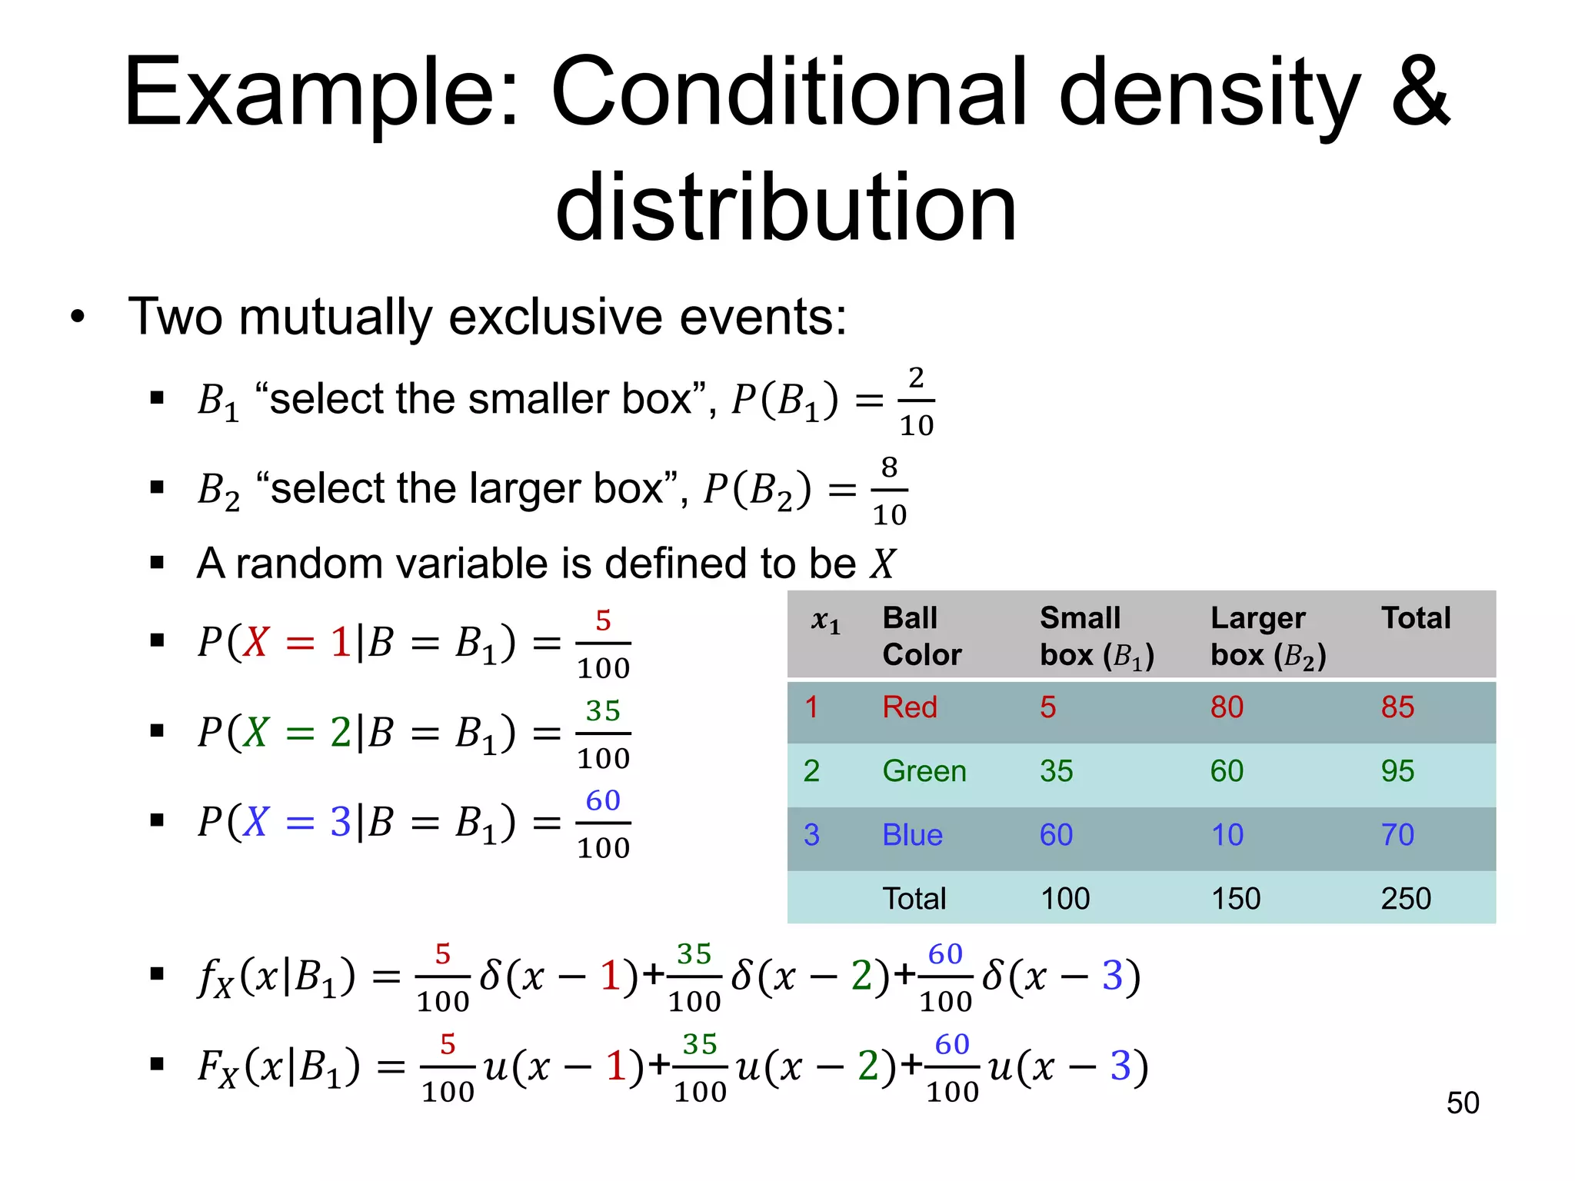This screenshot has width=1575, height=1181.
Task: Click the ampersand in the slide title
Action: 1420,92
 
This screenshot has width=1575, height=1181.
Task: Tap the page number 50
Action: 1462,1103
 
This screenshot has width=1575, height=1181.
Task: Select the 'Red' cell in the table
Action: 910,707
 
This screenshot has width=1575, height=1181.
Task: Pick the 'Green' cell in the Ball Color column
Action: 924,771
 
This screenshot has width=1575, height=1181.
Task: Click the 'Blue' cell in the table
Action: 912,835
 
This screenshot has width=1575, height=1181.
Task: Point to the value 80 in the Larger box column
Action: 1227,707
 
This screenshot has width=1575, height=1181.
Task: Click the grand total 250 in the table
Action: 1405,899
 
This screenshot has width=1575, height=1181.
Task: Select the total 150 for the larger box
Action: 1235,899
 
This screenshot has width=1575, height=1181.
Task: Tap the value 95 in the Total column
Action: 1397,771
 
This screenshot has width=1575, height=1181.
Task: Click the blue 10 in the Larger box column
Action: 1227,835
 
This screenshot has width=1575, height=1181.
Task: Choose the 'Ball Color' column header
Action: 921,636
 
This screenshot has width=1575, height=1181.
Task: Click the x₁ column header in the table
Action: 825,620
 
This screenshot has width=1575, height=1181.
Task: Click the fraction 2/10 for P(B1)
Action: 916,401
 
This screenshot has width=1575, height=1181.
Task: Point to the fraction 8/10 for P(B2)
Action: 889,491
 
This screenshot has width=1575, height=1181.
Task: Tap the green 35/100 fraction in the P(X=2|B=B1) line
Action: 603,734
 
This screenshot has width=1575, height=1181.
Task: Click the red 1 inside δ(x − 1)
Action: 611,976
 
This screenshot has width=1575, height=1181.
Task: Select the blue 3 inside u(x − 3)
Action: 1120,1066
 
